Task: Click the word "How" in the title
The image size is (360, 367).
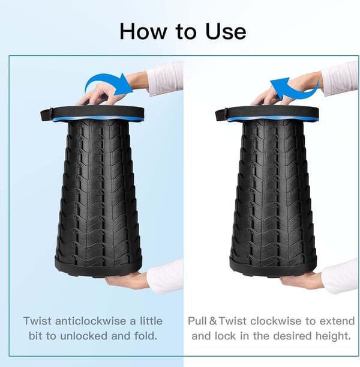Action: click(x=143, y=31)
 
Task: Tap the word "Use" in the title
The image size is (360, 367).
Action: click(x=226, y=31)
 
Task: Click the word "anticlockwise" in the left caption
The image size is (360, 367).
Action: click(x=94, y=321)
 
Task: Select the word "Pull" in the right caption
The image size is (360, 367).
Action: click(x=197, y=321)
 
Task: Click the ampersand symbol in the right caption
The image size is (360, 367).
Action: click(x=213, y=321)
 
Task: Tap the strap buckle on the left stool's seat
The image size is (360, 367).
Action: click(x=46, y=115)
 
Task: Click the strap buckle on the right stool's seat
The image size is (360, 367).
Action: click(x=221, y=115)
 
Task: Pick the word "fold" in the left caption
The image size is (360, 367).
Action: click(x=145, y=336)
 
